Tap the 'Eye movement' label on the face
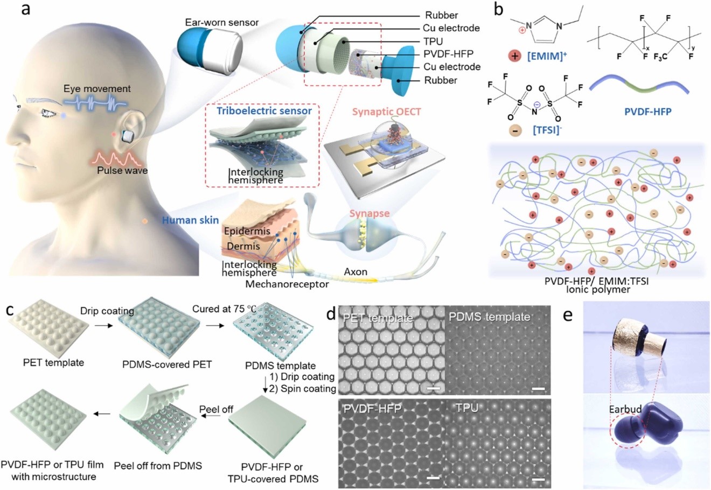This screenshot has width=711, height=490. [97, 88]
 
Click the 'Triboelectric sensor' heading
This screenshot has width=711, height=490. [264, 111]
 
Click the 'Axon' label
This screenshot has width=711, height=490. [357, 271]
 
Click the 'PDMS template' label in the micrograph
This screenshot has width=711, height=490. [489, 317]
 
